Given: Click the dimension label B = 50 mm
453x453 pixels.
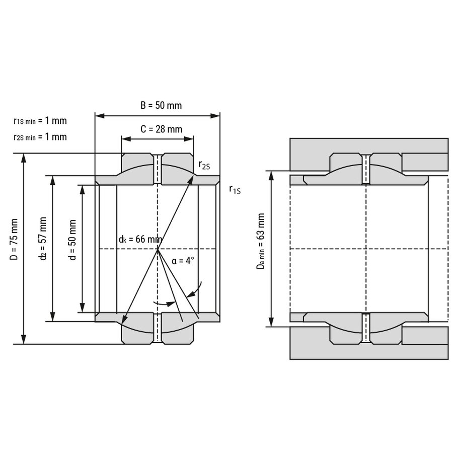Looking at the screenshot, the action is [161, 106].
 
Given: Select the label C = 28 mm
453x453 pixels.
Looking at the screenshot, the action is [161, 129].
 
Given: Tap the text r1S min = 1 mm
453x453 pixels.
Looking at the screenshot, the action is [40, 121].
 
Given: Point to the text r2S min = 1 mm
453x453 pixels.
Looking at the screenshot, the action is [40, 137].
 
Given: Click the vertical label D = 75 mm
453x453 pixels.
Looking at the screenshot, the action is [14, 239].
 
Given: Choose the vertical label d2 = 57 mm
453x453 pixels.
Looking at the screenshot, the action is [43, 239].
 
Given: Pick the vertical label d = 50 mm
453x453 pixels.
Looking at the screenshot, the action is [72, 240].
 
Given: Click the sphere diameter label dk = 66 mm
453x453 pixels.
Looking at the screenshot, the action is [140, 239].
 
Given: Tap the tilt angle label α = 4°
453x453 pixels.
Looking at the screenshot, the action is [183, 261].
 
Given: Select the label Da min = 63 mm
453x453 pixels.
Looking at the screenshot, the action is [261, 241].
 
